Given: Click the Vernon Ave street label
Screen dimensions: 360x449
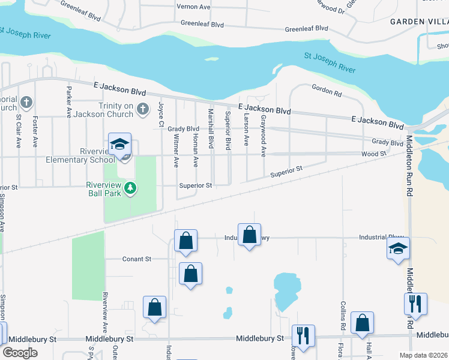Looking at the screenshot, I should coord(193,7).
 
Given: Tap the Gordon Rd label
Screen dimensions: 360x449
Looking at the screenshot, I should coord(327,90).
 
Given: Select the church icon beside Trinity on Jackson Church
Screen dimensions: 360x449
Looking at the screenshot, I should coord(142,109).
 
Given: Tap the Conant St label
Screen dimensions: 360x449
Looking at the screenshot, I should coord(136,259).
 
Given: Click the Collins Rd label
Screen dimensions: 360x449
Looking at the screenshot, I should coord(344,316).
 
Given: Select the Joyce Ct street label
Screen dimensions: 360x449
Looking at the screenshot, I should coord(161,114).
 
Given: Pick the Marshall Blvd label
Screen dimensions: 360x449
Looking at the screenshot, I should coord(211,128).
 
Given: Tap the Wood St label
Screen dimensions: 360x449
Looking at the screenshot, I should coord(373,154).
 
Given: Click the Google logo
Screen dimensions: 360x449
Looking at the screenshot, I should coord(20,353).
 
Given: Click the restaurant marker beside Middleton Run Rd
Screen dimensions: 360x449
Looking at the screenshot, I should coord(415,305).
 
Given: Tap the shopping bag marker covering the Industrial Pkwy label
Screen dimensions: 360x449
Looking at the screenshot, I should coord(249,235).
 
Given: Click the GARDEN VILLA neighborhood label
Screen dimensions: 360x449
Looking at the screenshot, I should coord(419,21).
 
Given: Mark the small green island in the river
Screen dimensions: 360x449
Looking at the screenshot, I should coord(211,59).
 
